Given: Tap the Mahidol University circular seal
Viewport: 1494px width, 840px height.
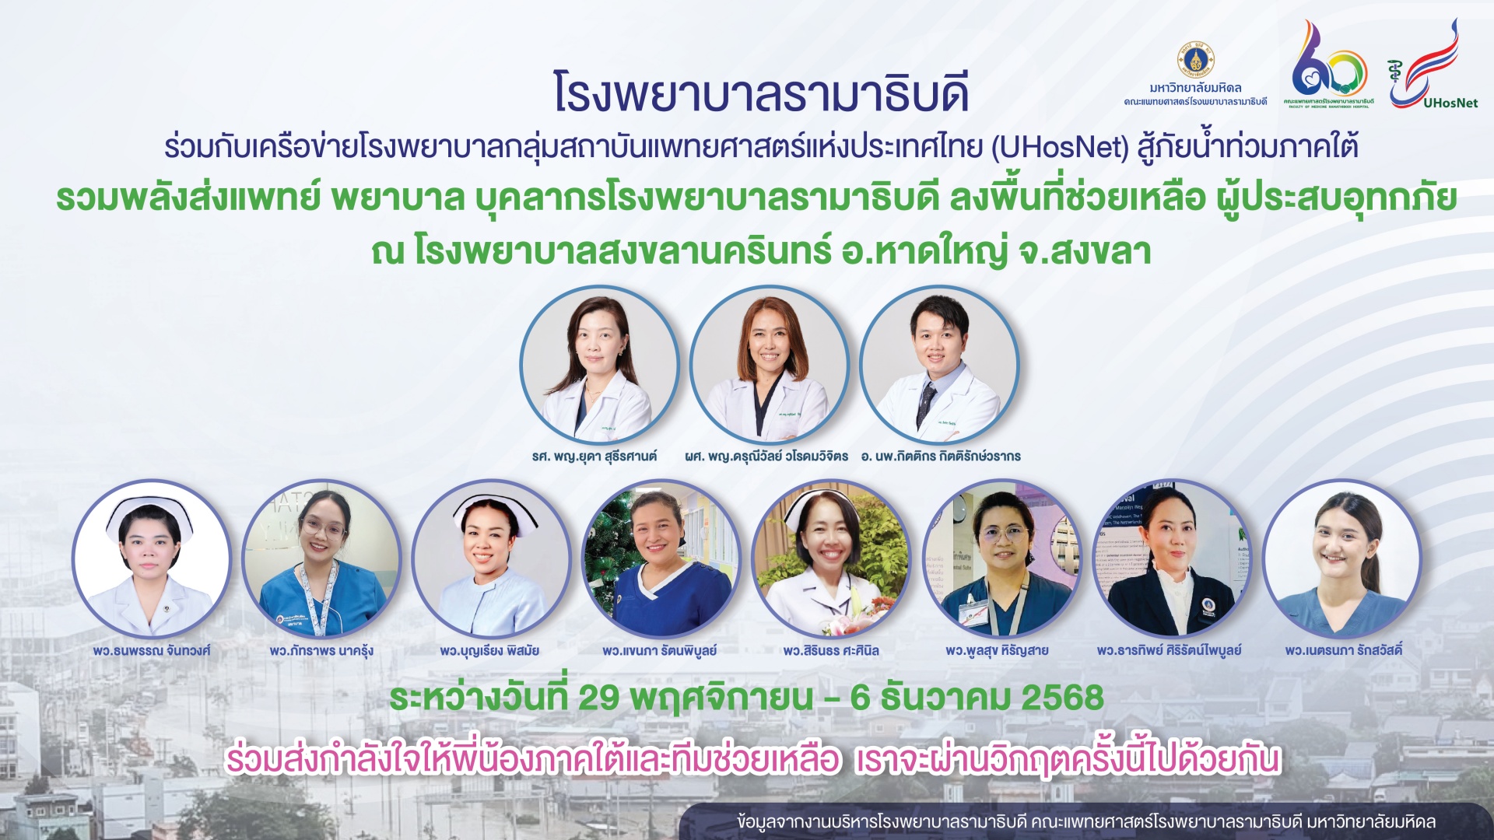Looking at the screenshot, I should [1195, 61].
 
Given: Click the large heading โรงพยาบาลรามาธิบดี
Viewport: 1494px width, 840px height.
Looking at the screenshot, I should [761, 93].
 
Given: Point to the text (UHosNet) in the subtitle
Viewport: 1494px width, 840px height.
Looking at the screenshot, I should [1060, 147].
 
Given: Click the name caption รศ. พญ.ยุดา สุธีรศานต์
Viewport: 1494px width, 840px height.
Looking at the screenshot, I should [594, 457].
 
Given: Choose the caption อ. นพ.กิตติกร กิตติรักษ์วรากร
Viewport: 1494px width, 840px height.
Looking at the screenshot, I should [941, 457].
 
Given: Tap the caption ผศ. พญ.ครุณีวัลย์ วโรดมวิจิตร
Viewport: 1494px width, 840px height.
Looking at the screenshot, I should [766, 457].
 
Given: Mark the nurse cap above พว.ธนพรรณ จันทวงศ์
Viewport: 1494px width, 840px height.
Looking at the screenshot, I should [149, 513].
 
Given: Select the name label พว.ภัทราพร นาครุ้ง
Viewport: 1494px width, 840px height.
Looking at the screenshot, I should [321, 651].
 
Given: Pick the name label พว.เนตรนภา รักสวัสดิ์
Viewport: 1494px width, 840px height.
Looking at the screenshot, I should [1344, 651].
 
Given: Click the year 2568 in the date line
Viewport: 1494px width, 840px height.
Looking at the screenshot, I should [1062, 698].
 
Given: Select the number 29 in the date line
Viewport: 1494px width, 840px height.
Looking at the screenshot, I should [598, 698].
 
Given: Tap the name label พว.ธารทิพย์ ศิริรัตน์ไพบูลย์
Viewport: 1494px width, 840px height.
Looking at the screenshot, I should [1169, 651].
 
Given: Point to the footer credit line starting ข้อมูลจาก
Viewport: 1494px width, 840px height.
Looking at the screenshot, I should [1085, 822].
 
